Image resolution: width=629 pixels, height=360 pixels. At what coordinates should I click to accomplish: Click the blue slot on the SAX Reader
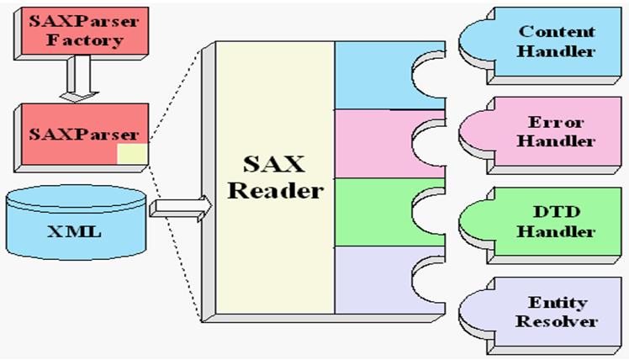click(374, 76)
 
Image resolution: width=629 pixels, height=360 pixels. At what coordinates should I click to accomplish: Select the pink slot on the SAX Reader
click(374, 143)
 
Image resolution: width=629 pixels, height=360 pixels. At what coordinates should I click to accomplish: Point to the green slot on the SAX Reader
click(374, 212)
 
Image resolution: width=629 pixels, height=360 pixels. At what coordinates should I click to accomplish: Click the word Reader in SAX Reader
click(276, 190)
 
